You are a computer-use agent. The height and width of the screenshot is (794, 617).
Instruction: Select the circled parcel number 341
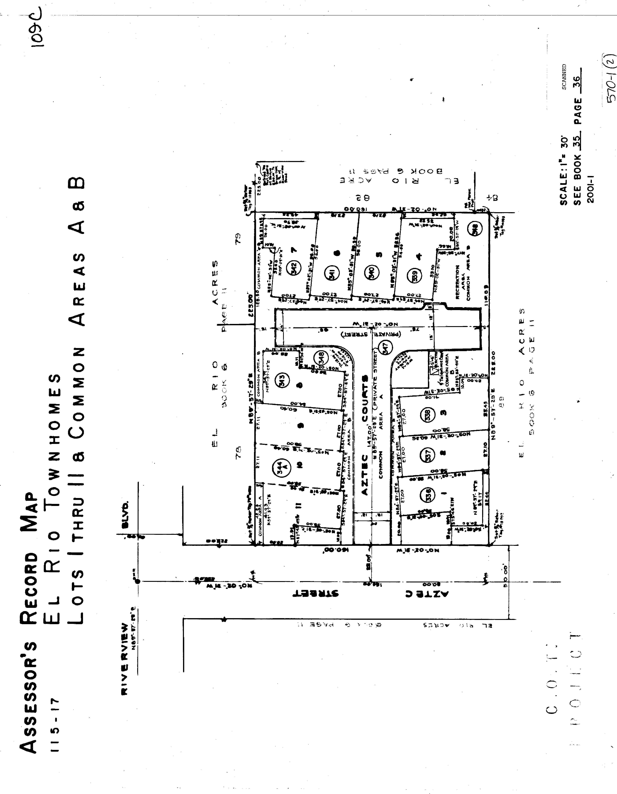coord(332,272)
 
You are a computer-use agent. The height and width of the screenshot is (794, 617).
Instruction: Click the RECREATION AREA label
coord(458,282)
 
